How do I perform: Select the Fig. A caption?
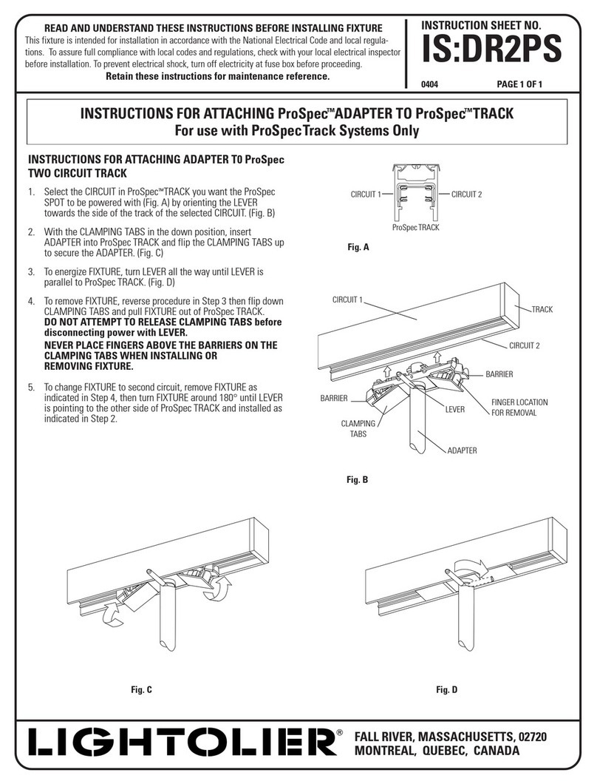[358, 249]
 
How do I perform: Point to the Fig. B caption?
[358, 480]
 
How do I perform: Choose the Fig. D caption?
[446, 690]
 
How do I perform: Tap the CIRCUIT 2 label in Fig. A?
[465, 195]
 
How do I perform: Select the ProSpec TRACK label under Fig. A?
[415, 228]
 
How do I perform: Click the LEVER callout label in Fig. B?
[454, 409]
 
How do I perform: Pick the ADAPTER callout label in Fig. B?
[461, 450]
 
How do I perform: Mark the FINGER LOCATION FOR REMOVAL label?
[519, 408]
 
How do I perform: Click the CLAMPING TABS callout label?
[358, 430]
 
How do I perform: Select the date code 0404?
[430, 84]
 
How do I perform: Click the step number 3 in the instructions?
[31, 272]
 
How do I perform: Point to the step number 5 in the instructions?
[31, 387]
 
